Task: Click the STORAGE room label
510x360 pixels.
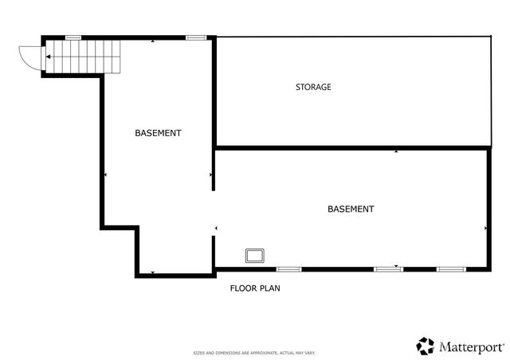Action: [313, 87]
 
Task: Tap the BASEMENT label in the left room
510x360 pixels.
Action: [158, 133]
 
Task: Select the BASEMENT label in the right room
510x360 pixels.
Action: [351, 209]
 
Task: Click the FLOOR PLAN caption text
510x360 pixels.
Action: [255, 288]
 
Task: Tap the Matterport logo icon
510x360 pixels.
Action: [426, 346]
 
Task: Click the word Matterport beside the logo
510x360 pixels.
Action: [471, 346]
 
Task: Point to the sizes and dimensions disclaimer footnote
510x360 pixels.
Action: [255, 352]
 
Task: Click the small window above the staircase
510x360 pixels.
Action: [73, 37]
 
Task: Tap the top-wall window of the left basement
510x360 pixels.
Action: [195, 37]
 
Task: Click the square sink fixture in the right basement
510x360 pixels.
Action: [255, 255]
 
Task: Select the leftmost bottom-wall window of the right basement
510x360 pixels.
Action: [288, 269]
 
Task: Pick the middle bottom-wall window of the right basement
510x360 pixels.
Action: [388, 269]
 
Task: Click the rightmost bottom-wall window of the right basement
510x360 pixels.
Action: [450, 269]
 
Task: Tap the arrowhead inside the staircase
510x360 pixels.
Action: [49, 57]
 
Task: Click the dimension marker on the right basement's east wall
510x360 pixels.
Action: [486, 228]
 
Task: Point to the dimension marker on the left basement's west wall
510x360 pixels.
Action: [105, 174]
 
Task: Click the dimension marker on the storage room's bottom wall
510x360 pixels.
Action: [396, 150]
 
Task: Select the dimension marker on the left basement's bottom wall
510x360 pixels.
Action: [152, 273]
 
